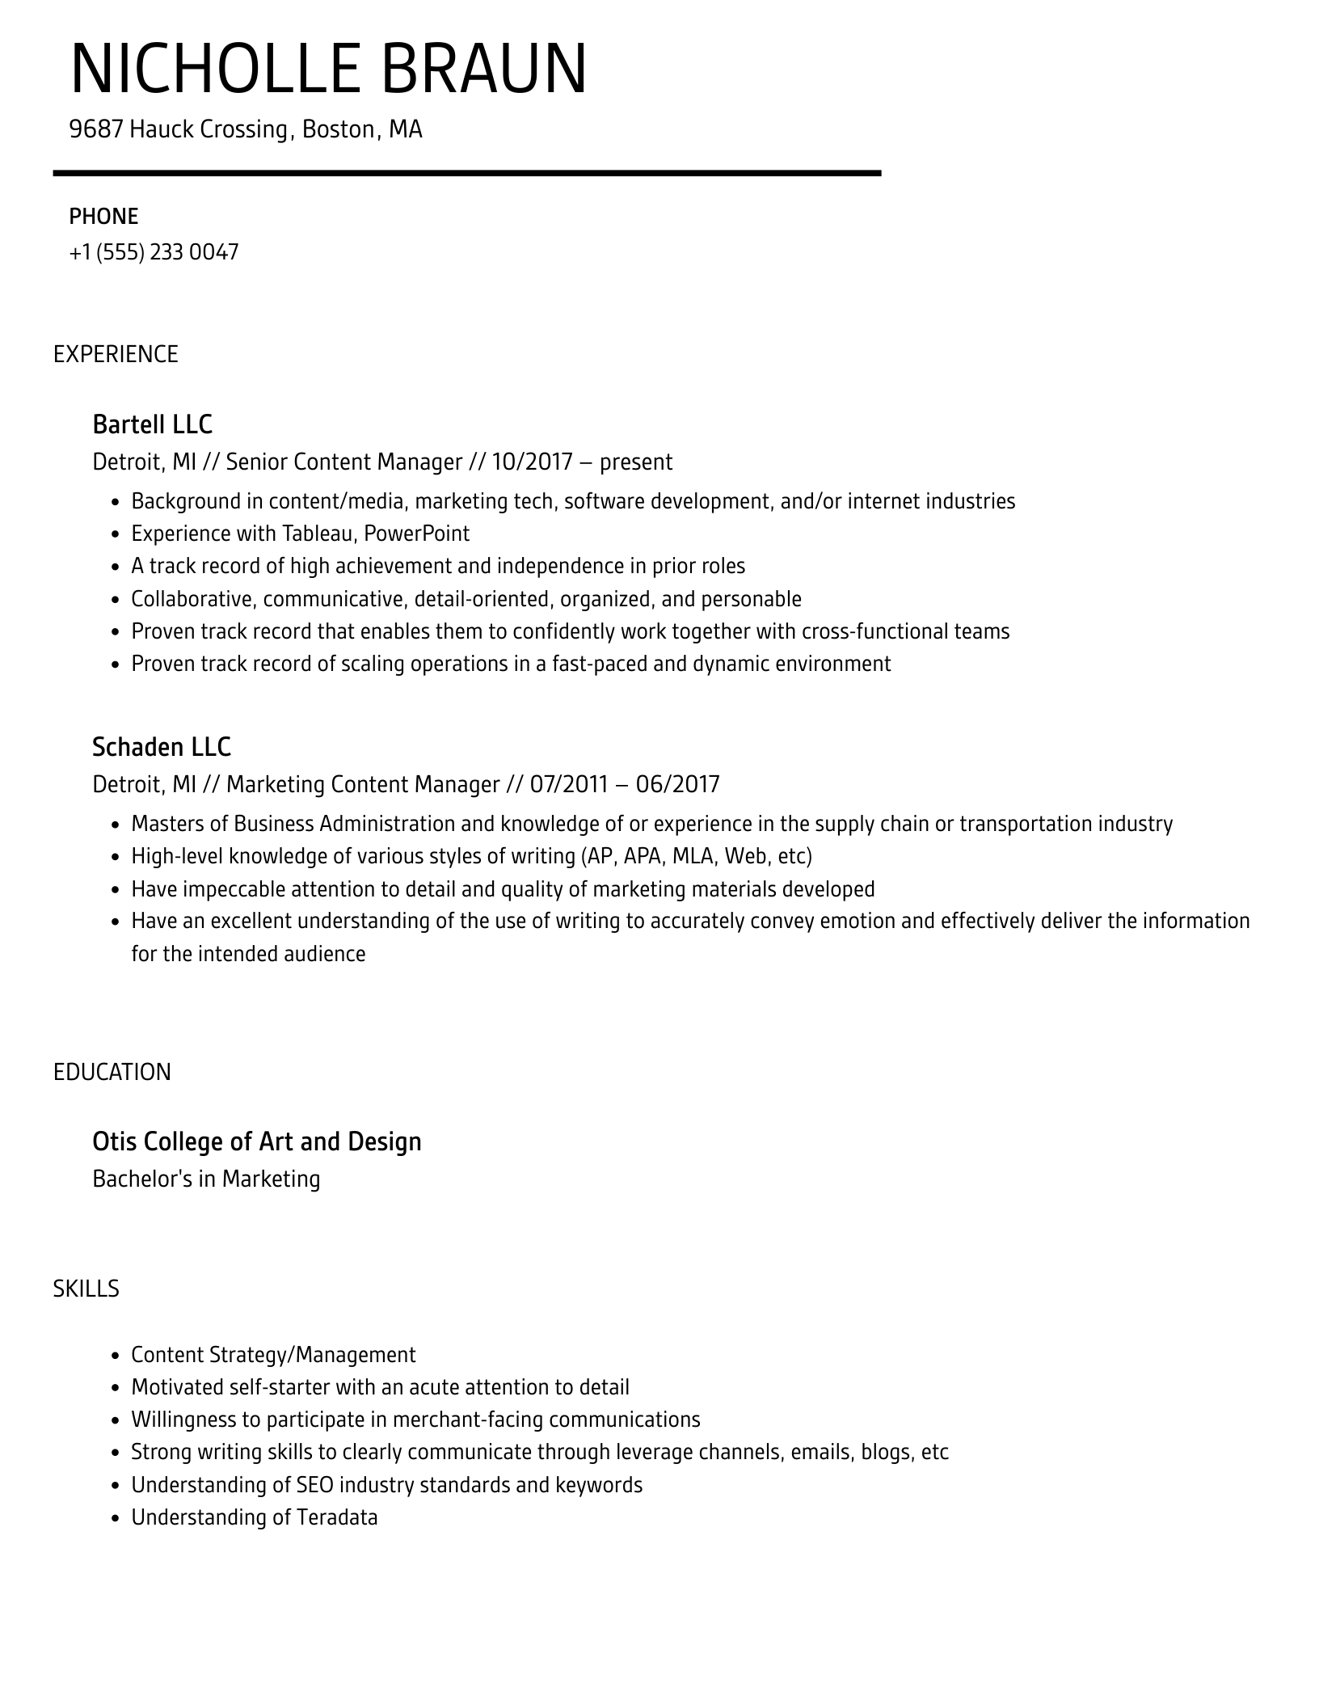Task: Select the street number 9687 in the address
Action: [95, 129]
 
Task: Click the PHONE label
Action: [103, 217]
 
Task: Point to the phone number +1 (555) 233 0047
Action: [154, 252]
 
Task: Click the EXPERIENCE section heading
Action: [116, 354]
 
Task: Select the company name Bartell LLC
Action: [152, 424]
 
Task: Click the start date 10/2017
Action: [531, 462]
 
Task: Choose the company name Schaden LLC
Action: [162, 747]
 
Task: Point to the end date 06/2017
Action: [677, 784]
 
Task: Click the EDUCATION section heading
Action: [112, 1072]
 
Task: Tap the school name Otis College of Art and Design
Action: [257, 1141]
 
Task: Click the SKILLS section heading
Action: [86, 1289]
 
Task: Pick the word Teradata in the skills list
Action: [337, 1517]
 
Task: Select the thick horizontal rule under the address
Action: [467, 173]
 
